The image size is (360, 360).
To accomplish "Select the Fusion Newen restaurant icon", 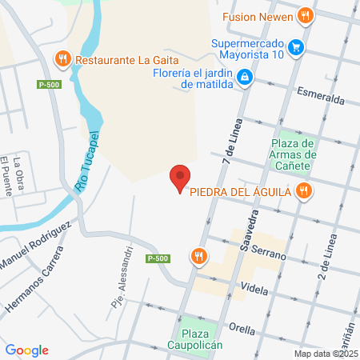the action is tap(304, 15).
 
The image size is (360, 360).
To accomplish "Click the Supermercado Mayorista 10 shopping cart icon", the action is tap(296, 47).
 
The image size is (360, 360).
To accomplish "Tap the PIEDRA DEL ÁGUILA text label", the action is tap(239, 191).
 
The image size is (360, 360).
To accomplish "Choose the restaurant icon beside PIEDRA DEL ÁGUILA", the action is tap(302, 190).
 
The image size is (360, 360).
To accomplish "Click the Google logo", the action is tap(26, 350).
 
